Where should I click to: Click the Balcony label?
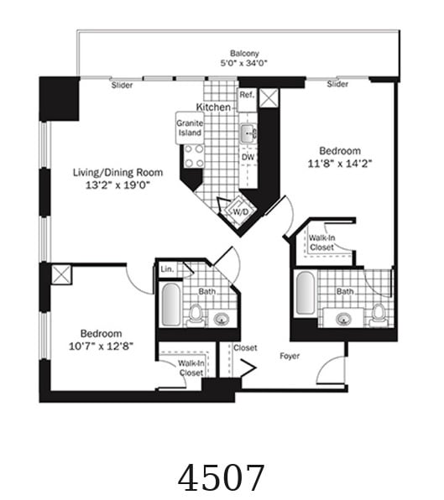(244, 53)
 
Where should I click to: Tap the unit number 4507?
(222, 477)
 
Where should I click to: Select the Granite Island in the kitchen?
(190, 128)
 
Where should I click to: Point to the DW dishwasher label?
(248, 157)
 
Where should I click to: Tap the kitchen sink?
(248, 133)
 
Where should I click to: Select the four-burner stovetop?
(194, 156)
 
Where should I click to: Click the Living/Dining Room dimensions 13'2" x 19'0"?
(118, 185)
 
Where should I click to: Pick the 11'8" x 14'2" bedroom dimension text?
(340, 164)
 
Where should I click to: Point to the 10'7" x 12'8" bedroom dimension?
(101, 346)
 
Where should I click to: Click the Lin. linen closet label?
(167, 269)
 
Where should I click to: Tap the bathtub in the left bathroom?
(171, 305)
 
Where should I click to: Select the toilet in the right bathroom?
(379, 314)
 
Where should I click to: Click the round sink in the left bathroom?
(222, 319)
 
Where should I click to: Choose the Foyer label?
(290, 356)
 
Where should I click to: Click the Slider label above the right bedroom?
(337, 84)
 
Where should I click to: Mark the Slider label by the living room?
(122, 85)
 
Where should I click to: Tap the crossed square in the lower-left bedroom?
(61, 274)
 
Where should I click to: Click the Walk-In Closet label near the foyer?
(191, 368)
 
